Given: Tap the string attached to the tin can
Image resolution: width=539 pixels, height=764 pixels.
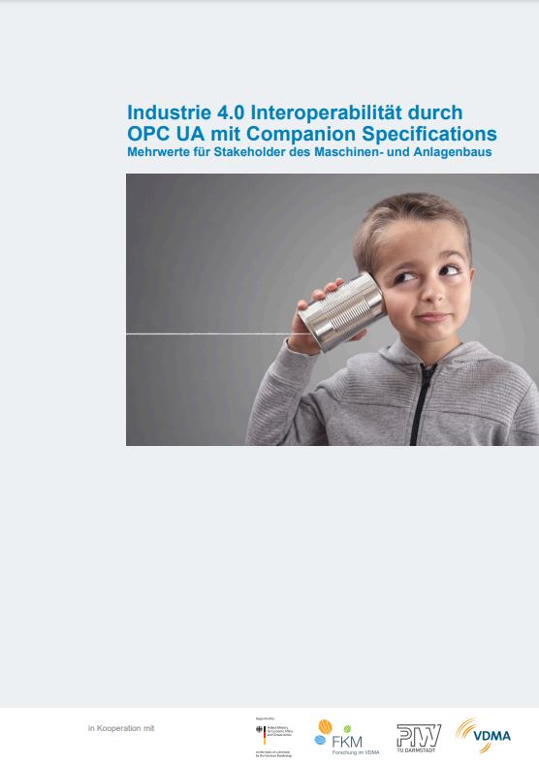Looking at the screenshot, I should coord(213,334).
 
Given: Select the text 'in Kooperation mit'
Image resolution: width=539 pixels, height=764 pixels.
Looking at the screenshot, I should coord(121,728).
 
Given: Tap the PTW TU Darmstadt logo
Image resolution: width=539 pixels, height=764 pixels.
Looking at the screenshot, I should coord(418,737).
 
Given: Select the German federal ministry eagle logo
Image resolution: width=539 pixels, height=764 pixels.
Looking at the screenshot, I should coord(260,735).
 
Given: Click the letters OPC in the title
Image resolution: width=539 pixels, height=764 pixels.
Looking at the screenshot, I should coord(150,133).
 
